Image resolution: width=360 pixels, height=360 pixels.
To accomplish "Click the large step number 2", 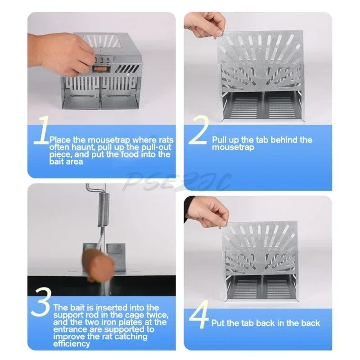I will pos(199,130).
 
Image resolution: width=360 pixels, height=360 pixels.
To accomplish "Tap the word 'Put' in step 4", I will pos(219,323).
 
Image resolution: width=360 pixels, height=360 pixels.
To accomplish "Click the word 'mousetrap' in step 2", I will pos(233,147).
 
